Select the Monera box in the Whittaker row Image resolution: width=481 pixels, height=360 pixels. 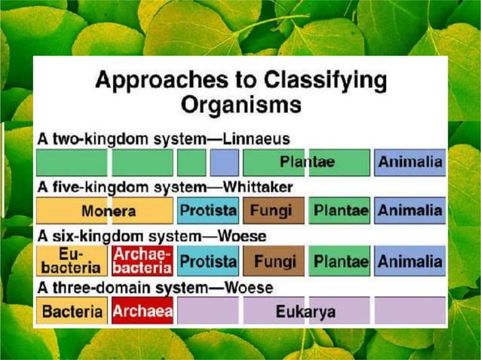tap(104, 211)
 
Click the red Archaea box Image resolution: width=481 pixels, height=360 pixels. tap(142, 310)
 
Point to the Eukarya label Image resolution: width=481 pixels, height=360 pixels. tap(306, 311)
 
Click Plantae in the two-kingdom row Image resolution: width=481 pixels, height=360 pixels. tap(307, 163)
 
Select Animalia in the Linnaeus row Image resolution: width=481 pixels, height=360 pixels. tap(409, 163)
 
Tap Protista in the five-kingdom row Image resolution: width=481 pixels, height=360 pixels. tap(207, 211)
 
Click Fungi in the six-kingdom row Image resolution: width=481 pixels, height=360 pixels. tap(274, 261)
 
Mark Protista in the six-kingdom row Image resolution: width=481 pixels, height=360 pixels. tap(207, 261)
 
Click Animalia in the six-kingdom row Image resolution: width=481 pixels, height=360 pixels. tap(409, 261)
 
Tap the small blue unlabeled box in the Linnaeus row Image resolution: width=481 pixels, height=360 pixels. tap(224, 163)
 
